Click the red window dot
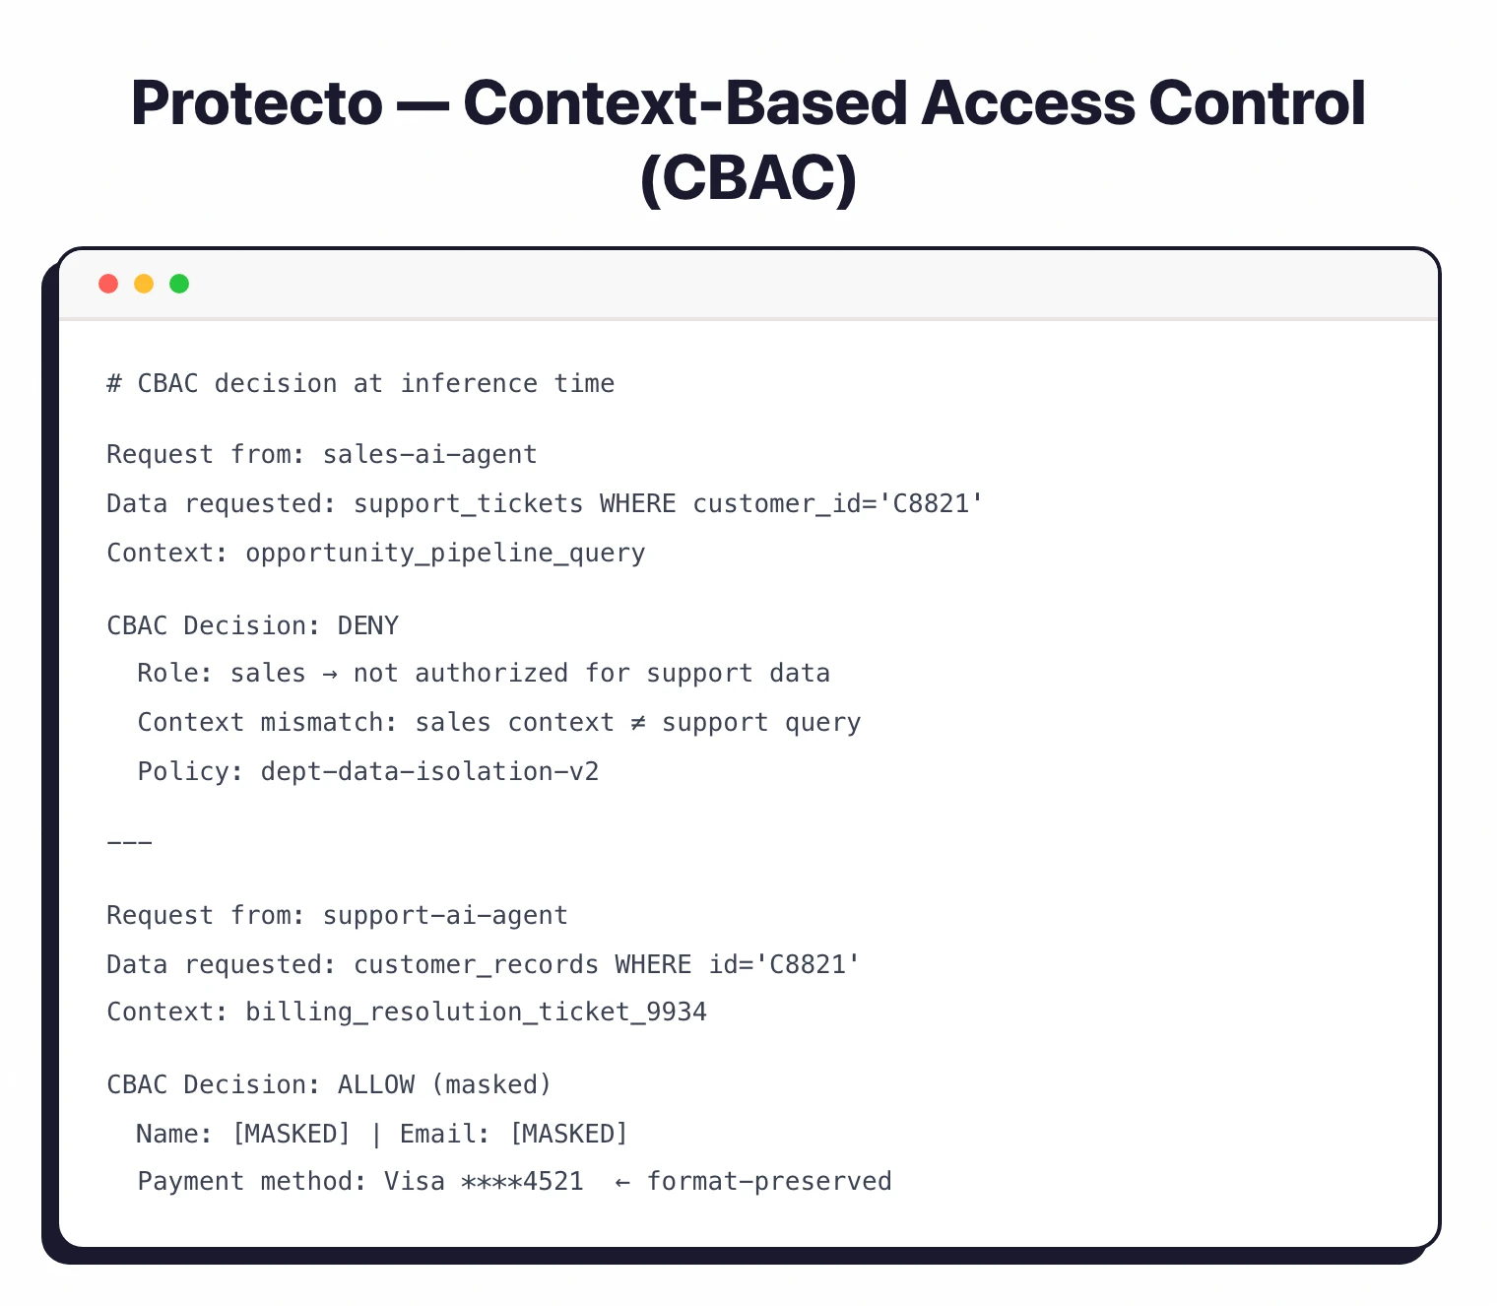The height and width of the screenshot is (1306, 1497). coord(108,284)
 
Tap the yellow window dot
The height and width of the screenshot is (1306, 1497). coord(144,284)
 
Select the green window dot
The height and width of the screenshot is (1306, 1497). coord(179,284)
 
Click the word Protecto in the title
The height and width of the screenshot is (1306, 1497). coord(256,103)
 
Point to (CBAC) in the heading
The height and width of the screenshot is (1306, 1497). coord(748,179)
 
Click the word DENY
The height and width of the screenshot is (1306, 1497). coord(368,625)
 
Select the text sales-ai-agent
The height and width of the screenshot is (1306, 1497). coord(429,454)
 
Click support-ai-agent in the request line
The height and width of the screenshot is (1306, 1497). coord(445,915)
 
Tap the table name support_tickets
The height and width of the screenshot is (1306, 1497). coord(468,503)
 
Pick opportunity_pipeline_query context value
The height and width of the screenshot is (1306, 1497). coord(445,553)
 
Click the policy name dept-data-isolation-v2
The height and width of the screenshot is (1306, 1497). coord(429,771)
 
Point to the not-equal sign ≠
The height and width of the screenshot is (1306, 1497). coord(638,722)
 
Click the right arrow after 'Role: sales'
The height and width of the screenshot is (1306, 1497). coord(329,674)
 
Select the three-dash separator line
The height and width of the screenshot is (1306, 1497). coord(129,843)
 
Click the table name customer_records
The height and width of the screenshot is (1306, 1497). coord(476,964)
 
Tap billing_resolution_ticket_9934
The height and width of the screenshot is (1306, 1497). coord(476,1012)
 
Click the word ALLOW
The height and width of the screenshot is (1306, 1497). coord(376,1084)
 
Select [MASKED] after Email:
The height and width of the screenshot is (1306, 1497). coord(568,1134)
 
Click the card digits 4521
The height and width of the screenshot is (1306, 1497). coord(553,1181)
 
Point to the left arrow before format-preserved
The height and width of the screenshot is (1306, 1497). coord(622,1182)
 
